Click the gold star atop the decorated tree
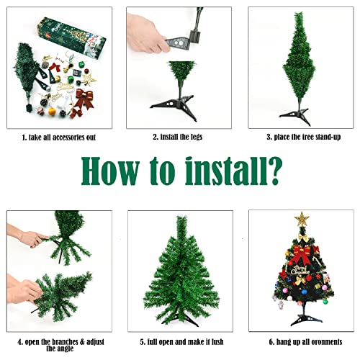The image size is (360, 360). click(x=300, y=219)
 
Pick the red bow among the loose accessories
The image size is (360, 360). click(x=84, y=99)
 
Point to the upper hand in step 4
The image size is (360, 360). click(x=28, y=237)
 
